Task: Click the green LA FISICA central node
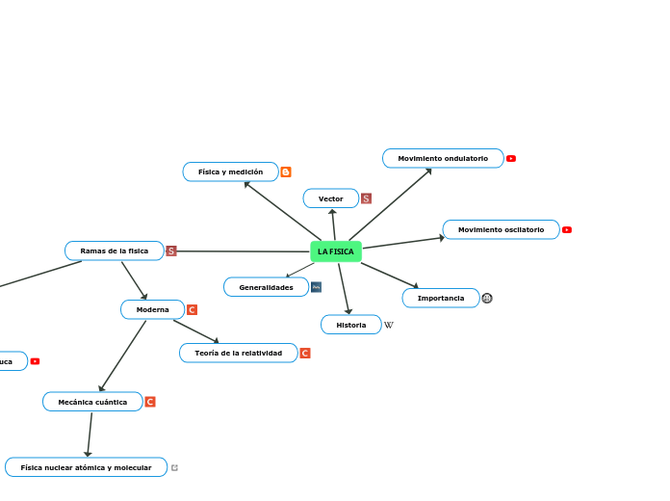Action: click(336, 251)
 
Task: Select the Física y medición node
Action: click(230, 171)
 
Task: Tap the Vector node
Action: click(330, 198)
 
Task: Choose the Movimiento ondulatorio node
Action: click(443, 158)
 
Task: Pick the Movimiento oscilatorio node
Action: click(501, 229)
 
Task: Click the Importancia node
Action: click(440, 298)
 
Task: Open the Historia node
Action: click(350, 325)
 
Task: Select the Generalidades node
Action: click(266, 287)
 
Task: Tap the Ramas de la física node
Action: click(114, 250)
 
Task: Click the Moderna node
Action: click(152, 309)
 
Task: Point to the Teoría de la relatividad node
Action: click(238, 353)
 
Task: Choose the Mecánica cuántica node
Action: click(92, 402)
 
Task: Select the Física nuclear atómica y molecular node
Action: click(86, 467)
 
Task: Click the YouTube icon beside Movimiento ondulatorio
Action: click(511, 158)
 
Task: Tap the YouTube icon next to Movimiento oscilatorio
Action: click(567, 229)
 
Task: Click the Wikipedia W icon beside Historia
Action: click(389, 325)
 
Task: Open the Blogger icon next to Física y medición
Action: click(286, 171)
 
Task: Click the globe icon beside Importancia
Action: click(487, 298)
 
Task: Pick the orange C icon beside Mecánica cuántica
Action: click(150, 402)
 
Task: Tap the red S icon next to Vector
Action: click(366, 198)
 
